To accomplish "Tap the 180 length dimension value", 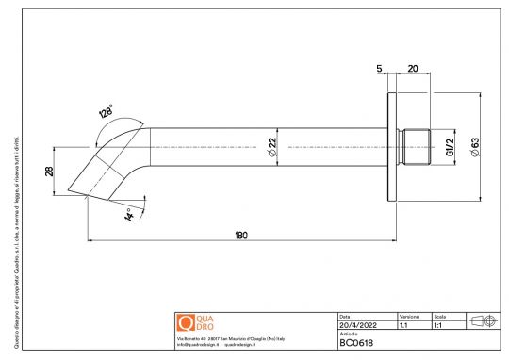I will click(241, 235).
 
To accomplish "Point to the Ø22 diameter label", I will click(271, 146).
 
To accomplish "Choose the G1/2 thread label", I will click(449, 146).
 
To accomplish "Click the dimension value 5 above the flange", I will click(378, 68).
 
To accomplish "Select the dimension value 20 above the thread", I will click(412, 68).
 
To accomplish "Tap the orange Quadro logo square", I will click(185, 321).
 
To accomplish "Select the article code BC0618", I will click(357, 343).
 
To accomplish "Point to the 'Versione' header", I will click(409, 317).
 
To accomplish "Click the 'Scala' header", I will click(440, 317).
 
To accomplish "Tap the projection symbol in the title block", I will click(482, 320).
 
